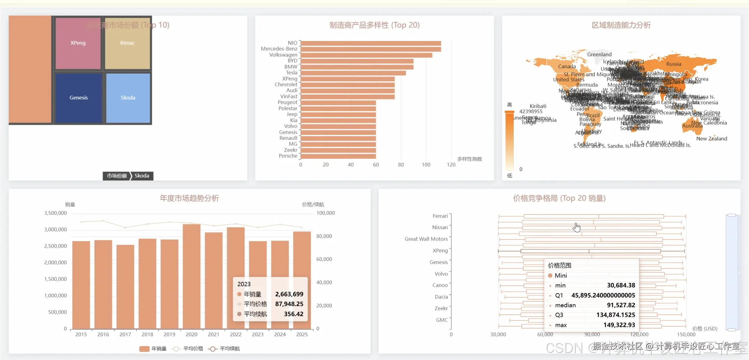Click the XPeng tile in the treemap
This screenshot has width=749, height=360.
pos(78,43)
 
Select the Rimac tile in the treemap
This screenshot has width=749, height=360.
pos(127,43)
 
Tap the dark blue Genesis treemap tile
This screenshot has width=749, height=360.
pos(79,98)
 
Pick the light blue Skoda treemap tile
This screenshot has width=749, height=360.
pos(128,98)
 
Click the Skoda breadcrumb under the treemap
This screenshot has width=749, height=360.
pos(142,176)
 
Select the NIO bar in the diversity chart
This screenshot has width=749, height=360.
pos(371,43)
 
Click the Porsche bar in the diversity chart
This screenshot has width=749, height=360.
pos(338,156)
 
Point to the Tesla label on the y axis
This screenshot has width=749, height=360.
pos(291,73)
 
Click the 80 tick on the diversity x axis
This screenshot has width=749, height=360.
pos(401,165)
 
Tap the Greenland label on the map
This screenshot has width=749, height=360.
pos(599,54)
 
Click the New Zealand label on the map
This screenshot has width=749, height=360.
pos(712,138)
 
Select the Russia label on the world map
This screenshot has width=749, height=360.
pos(673,64)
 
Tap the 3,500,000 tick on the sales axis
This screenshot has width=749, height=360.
pos(55,213)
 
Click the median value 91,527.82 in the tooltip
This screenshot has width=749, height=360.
pos(621,305)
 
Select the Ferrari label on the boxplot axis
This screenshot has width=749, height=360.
pos(440,216)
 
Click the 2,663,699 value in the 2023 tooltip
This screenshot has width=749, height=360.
pos(289,294)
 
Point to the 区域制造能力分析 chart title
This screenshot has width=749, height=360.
pos(621,25)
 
